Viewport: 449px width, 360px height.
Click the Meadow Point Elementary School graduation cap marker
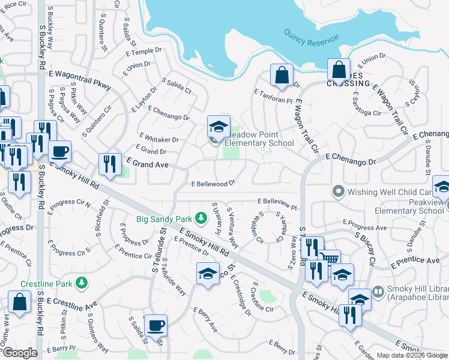click(x=218, y=127)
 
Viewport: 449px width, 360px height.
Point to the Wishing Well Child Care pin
click(x=337, y=192)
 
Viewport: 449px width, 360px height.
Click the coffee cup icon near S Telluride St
click(x=156, y=326)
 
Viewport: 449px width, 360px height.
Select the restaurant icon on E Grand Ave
click(x=109, y=164)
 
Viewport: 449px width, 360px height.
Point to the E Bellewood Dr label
click(x=212, y=184)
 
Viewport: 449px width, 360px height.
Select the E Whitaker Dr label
click(x=158, y=139)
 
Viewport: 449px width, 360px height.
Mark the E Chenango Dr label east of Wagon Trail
click(x=350, y=158)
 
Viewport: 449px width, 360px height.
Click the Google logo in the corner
click(x=19, y=353)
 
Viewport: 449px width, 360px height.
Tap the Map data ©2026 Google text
click(x=412, y=355)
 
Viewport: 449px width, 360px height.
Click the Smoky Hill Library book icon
click(x=378, y=292)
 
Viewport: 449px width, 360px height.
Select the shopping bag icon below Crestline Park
click(x=19, y=303)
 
